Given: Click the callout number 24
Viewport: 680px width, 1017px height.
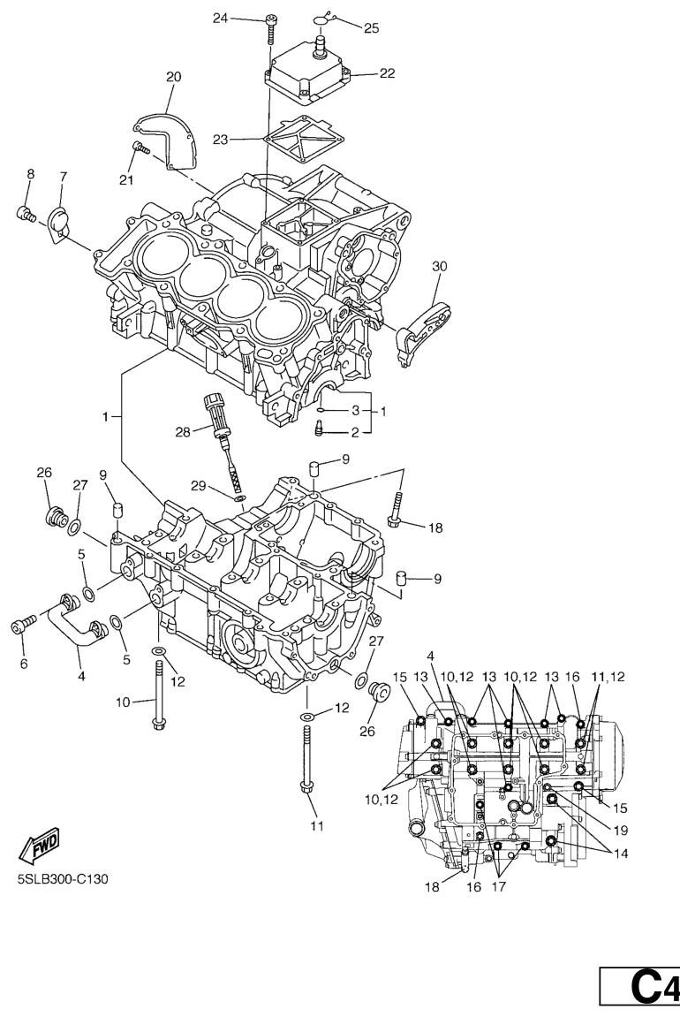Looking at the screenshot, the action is (221, 19).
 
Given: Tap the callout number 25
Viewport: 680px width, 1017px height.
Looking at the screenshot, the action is (372, 28).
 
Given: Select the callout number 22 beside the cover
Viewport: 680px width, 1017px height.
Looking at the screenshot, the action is (387, 73).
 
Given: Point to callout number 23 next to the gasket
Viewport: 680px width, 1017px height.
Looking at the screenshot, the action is (221, 140).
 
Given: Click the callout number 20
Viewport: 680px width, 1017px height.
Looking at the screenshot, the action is (173, 77).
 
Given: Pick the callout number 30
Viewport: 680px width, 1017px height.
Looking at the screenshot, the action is (440, 266).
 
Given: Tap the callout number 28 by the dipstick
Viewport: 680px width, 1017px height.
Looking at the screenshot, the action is (183, 431).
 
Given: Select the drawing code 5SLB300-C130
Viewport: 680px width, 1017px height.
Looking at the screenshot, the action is (63, 879).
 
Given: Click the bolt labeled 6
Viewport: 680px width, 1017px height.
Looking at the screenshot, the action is (20, 626).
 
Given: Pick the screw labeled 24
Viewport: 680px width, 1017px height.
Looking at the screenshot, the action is (271, 28).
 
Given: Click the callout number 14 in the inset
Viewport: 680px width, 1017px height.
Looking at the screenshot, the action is (620, 854).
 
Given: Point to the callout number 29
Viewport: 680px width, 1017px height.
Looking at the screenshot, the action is (199, 485).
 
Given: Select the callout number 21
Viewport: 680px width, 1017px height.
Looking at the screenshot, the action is (125, 179).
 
